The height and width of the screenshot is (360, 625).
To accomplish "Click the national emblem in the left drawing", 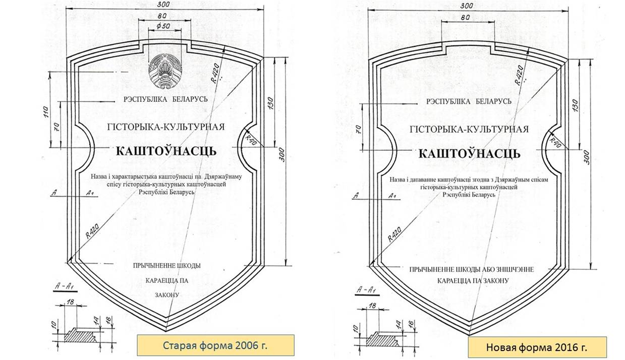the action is (165, 72).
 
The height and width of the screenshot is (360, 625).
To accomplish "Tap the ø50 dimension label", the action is (163, 26).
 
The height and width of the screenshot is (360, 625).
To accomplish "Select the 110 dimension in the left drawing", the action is (46, 112).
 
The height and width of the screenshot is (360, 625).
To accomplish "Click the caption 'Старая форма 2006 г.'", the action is (215, 345).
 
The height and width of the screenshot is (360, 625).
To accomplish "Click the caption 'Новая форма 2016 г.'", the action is (537, 347).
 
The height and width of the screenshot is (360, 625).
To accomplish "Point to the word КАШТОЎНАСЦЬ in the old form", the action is (166, 151).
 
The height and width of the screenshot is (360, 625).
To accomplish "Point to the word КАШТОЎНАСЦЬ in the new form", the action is (470, 154).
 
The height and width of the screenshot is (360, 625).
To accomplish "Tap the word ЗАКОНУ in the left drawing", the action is (167, 295).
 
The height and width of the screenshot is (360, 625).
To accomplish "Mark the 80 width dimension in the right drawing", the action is (465, 18).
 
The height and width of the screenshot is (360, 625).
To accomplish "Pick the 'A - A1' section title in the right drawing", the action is (366, 290).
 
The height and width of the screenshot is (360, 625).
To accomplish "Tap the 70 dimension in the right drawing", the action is (359, 129).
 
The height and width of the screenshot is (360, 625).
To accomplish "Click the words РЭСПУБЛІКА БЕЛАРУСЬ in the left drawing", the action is (166, 99).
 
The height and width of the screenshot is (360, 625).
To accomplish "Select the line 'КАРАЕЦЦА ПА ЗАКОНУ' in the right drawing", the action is (473, 280).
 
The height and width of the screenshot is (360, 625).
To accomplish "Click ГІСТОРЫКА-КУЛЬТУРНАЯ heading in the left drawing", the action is (166, 127).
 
